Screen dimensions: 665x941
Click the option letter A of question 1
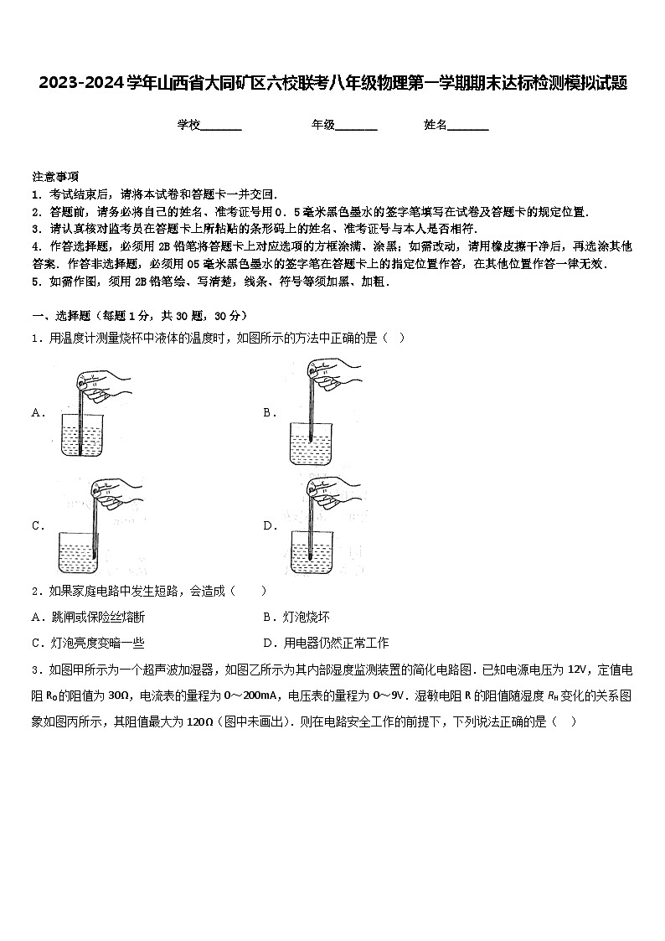tap(37, 412)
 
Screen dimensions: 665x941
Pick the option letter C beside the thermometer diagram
tap(37, 526)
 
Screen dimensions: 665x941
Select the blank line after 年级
tap(356, 126)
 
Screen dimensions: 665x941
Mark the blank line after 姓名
tap(468, 126)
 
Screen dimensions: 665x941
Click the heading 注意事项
tap(55, 177)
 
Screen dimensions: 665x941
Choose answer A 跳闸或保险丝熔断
tap(88, 618)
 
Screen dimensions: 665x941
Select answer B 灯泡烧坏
tap(296, 618)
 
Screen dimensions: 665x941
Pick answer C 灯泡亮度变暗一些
tap(88, 644)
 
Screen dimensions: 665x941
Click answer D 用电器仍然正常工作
tap(326, 644)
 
